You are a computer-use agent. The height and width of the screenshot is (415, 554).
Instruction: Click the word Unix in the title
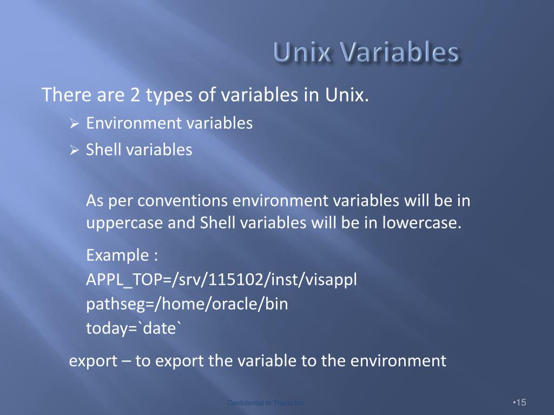click(300, 53)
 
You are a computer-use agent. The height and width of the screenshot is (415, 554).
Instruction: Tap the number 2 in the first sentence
click(135, 96)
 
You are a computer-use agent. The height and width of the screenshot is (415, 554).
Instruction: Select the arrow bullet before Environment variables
click(75, 124)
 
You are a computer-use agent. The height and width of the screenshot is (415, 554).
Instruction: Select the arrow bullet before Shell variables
click(75, 150)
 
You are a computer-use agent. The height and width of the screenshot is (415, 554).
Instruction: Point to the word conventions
click(182, 201)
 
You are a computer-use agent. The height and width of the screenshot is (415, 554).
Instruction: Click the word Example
click(116, 254)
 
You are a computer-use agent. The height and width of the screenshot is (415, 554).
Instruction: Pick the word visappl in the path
click(331, 280)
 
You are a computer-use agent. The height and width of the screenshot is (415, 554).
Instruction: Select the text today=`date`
click(131, 327)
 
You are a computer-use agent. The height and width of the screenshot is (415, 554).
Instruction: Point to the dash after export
click(126, 360)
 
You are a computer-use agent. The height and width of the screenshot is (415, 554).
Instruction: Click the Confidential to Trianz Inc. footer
click(266, 403)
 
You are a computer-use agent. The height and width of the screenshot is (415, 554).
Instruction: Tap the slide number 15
click(520, 403)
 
